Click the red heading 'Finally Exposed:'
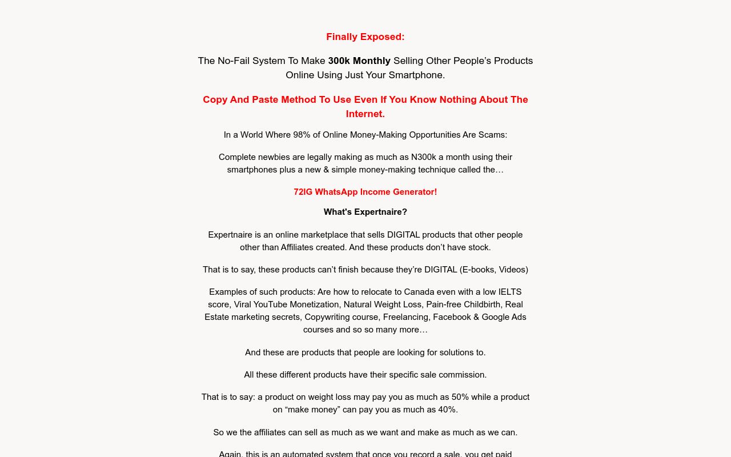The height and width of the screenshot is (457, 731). pos(365,37)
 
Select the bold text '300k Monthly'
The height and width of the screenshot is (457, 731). pos(359,61)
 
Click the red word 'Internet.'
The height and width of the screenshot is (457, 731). pos(365,114)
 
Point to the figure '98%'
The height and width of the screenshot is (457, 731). pos(301,135)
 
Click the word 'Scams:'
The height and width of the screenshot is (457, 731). pos(493,135)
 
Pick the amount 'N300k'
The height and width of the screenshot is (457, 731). pos(424,157)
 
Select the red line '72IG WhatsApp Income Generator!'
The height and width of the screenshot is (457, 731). pos(365,192)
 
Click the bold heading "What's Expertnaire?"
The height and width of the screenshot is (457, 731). pos(365,212)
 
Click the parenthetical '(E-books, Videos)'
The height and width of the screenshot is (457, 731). pos(494,270)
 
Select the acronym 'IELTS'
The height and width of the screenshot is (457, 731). pos(508,292)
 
